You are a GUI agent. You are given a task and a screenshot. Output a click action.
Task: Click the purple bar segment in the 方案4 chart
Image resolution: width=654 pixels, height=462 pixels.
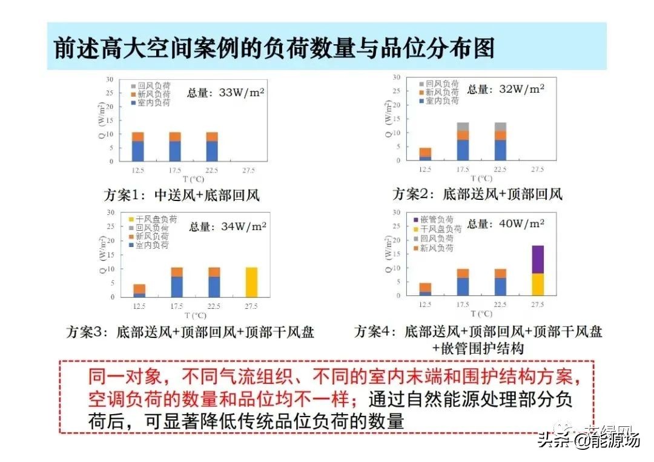pos(538,259)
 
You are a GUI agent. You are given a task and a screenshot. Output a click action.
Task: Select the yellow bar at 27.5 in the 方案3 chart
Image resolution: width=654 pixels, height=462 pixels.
pos(251,282)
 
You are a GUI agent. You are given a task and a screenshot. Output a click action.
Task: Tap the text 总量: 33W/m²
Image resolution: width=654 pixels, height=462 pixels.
pos(226,93)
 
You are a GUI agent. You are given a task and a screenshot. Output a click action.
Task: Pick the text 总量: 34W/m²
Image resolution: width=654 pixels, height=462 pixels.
pos(227,227)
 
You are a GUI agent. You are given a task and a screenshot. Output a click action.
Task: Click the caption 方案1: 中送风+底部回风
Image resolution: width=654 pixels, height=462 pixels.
pos(177,195)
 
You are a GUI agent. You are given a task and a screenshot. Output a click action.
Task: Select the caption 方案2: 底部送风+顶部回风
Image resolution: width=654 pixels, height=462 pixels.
pos(477,194)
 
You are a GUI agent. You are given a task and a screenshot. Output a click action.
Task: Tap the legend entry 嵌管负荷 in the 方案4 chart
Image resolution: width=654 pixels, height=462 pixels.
pos(436,219)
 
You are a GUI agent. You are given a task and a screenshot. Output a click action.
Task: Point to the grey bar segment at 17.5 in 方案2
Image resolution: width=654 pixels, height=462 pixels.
pos(463,127)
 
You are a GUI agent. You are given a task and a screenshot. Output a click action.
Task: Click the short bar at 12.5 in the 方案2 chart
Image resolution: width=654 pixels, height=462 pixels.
pos(426,154)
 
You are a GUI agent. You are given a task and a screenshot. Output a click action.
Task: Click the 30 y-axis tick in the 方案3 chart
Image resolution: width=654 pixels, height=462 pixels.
pos(110,213)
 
